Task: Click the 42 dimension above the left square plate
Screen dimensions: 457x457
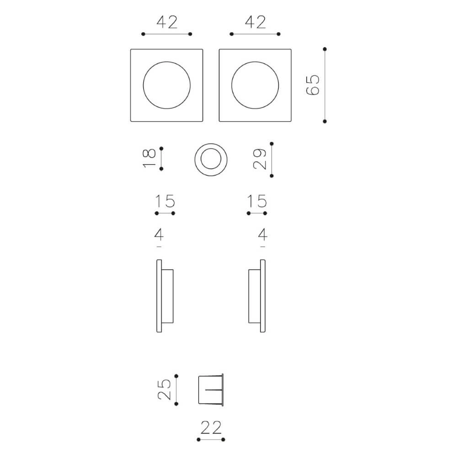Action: pos(167,22)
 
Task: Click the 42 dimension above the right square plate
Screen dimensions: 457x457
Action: pos(255,22)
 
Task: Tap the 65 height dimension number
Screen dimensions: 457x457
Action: pos(313,85)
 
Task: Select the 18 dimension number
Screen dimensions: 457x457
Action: pos(149,158)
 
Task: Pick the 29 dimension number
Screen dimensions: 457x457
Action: pos(260,159)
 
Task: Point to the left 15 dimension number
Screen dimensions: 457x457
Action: pos(165,201)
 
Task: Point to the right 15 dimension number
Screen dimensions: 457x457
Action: pos(257,201)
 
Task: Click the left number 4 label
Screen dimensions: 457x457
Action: pos(159,234)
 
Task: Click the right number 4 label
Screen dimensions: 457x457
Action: pos(263,234)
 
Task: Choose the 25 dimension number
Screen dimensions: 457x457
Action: pos(164,389)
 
